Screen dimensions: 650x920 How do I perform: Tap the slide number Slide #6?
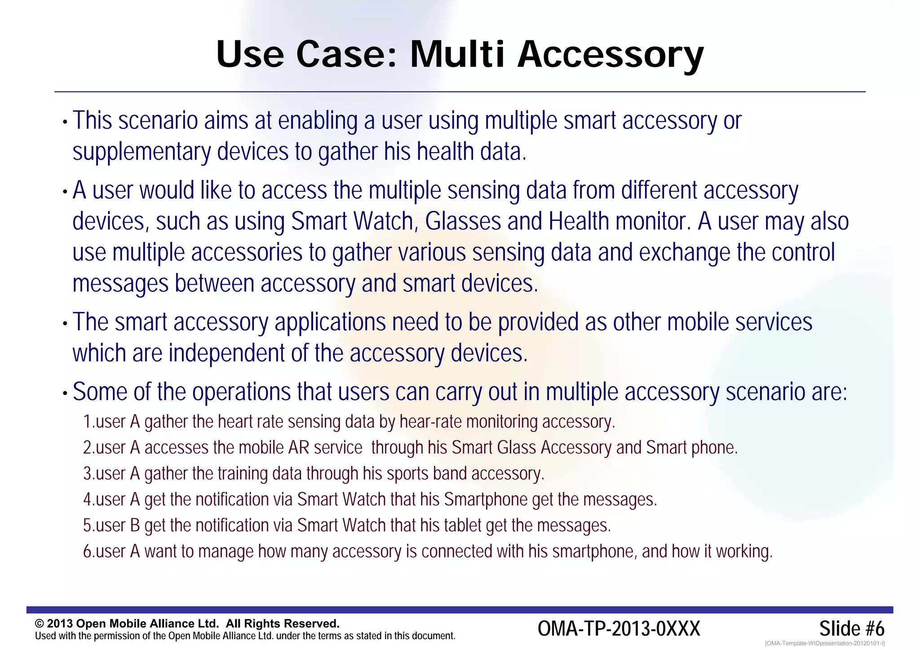coord(851,628)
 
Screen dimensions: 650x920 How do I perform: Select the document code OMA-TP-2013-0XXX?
coord(619,628)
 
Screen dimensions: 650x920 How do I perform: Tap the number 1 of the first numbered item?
coord(88,422)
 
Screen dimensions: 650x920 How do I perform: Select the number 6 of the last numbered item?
coord(88,551)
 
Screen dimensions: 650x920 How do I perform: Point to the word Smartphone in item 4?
coord(486,500)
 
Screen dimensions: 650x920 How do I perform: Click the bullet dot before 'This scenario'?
coord(65,122)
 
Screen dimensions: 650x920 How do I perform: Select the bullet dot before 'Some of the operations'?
coord(65,394)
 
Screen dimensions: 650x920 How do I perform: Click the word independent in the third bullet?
coord(226,353)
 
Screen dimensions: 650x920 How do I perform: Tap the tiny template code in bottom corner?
coord(824,643)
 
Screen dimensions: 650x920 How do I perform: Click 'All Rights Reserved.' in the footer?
coord(283,624)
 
